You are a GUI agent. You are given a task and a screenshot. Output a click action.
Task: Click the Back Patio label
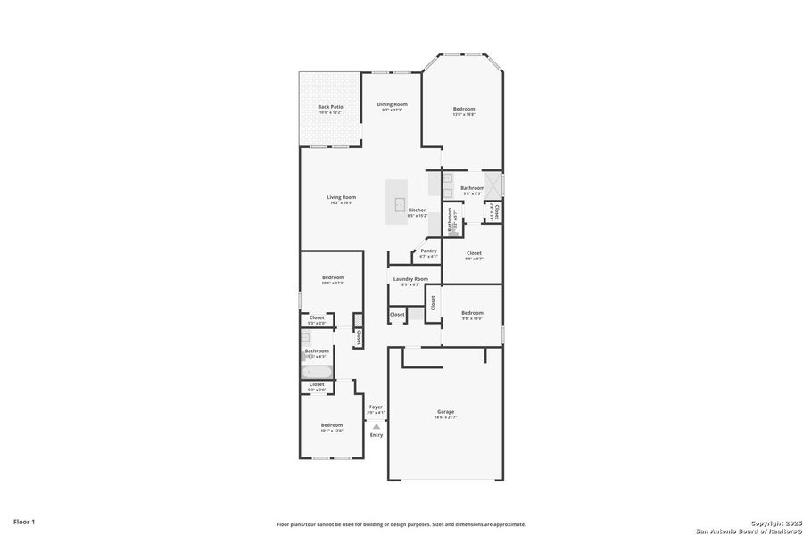coord(330,107)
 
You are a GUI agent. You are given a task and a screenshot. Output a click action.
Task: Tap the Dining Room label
coord(392,104)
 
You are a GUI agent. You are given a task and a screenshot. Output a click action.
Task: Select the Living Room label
coord(341,197)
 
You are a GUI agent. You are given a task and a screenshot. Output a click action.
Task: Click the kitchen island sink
coord(395,204)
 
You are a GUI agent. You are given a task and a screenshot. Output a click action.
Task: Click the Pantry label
coord(428,251)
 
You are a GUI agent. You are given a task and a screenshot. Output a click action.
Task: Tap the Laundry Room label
coord(410,279)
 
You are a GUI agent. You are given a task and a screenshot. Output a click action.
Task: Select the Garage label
coord(445,411)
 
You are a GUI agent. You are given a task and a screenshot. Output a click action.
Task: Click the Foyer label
coord(376,407)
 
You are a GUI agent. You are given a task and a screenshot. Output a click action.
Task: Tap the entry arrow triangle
coord(376,426)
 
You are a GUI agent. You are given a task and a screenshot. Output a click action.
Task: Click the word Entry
coord(377,435)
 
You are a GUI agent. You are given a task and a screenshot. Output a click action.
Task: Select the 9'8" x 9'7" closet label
coord(474,253)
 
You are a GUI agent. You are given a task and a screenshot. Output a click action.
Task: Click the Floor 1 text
coord(24,520)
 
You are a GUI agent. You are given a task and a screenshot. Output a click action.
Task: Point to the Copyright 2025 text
coord(771,522)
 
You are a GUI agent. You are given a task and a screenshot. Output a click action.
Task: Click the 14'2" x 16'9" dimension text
coord(341,203)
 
